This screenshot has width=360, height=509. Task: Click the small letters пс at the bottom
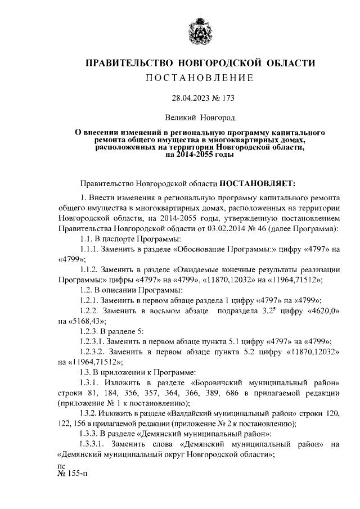point(62,466)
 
